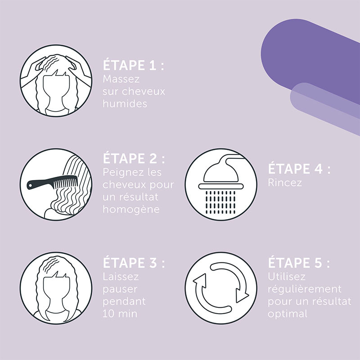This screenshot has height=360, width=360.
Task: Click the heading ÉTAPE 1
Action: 133,65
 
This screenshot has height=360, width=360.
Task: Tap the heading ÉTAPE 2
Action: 134,158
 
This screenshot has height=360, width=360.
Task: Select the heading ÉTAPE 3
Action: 134,263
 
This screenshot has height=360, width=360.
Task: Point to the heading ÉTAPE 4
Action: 299,169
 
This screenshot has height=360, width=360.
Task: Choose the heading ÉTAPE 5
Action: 299,263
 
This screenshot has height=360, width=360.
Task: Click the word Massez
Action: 121,79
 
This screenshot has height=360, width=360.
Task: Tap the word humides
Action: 125,103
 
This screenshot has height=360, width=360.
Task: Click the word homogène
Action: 131,209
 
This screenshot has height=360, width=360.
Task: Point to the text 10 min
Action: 120,314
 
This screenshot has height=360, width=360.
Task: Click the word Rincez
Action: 285,183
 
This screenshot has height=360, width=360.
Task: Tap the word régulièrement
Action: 305,289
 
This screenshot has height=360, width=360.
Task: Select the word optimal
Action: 288,314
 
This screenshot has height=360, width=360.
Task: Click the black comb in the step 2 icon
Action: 52,182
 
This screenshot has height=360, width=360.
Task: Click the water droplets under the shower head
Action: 220,202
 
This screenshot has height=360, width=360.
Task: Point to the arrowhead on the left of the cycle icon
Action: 199,279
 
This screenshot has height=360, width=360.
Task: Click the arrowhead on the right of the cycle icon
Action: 242,296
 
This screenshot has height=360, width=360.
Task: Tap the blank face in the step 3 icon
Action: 56,292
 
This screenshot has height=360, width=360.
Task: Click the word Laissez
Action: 121,277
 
